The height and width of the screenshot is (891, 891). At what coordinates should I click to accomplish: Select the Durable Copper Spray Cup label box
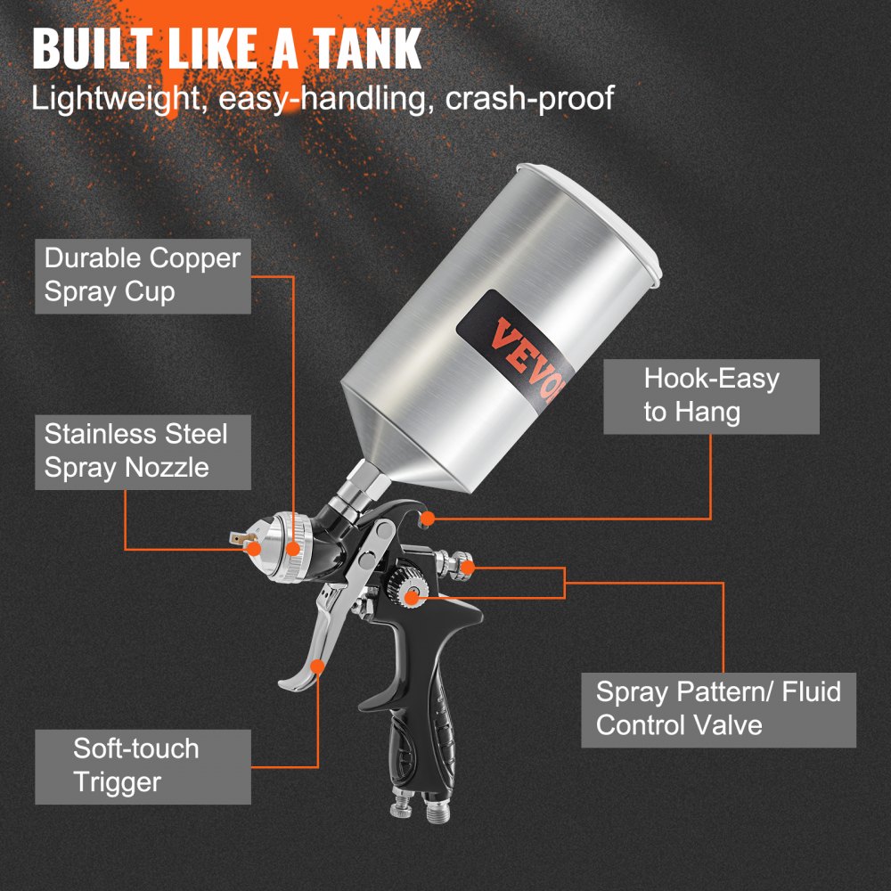[143, 275]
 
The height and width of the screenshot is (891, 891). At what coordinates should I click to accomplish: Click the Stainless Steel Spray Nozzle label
[143, 451]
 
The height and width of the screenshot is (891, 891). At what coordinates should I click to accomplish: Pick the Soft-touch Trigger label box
[143, 765]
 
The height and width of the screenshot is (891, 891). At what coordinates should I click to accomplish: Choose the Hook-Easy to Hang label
[711, 396]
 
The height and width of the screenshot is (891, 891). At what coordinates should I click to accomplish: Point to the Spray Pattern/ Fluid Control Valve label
[718, 708]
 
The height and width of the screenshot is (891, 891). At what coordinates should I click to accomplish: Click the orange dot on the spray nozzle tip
[254, 550]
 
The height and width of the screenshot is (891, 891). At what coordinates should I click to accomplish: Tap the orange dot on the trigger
[318, 665]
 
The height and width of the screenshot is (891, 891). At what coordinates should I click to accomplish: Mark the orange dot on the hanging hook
[429, 517]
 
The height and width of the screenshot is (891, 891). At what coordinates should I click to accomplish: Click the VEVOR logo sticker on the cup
[506, 343]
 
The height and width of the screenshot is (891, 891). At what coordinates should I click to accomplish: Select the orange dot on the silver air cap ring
[296, 543]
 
